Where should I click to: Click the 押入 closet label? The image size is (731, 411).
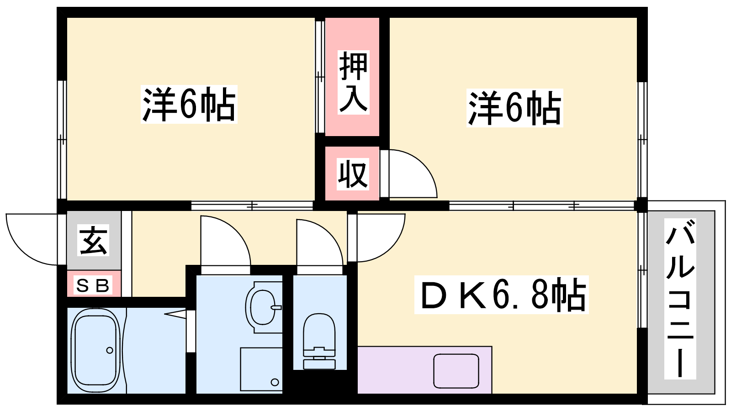(x=353, y=82)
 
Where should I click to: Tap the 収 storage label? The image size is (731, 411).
(x=353, y=174)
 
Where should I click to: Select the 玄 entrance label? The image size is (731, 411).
(x=94, y=240)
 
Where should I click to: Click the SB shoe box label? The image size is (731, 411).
(x=94, y=285)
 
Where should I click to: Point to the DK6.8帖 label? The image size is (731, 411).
(x=501, y=295)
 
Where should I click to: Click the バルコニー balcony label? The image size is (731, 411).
(x=680, y=299)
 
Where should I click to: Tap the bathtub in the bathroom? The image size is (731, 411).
(x=95, y=350)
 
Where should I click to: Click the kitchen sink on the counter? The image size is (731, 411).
(x=456, y=371)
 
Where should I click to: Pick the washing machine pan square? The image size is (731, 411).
(x=261, y=369)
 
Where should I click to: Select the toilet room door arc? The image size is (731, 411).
(x=320, y=244)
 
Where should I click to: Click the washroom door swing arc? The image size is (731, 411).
(x=226, y=242)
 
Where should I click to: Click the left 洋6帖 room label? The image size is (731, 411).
(x=189, y=105)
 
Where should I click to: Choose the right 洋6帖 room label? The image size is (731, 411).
(x=514, y=108)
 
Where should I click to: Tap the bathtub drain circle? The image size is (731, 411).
(x=110, y=350)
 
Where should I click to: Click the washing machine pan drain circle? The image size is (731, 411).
(x=275, y=382)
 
